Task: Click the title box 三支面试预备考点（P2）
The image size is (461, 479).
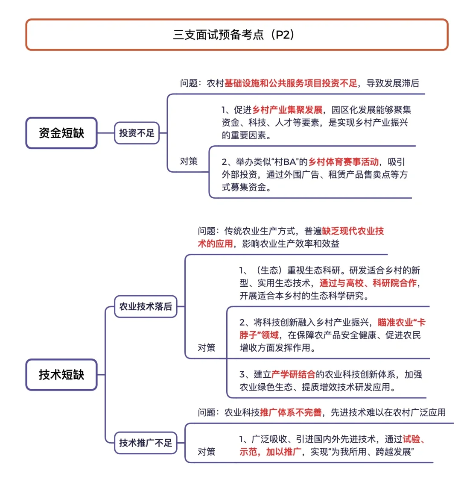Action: click(236, 35)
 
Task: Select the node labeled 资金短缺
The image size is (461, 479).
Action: click(61, 133)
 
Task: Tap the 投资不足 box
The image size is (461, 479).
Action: click(137, 133)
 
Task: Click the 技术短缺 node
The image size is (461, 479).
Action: click(61, 375)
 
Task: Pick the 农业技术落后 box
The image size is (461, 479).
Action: click(146, 306)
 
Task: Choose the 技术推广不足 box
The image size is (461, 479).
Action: click(146, 443)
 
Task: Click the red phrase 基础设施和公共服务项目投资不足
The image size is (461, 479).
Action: click(291, 83)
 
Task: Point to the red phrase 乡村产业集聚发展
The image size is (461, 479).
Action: click(287, 110)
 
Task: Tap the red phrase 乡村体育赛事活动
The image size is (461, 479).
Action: click(343, 162)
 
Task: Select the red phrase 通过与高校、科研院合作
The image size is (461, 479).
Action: click(368, 283)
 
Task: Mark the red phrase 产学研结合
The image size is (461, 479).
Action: click(293, 375)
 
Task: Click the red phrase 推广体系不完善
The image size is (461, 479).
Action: click(291, 412)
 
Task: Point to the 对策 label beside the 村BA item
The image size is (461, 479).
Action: click(189, 161)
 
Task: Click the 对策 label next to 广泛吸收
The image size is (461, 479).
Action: click(207, 452)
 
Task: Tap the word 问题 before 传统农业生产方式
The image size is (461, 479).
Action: click(207, 231)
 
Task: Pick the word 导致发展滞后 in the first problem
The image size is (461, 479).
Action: click(393, 83)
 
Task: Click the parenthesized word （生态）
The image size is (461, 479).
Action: click(269, 270)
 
